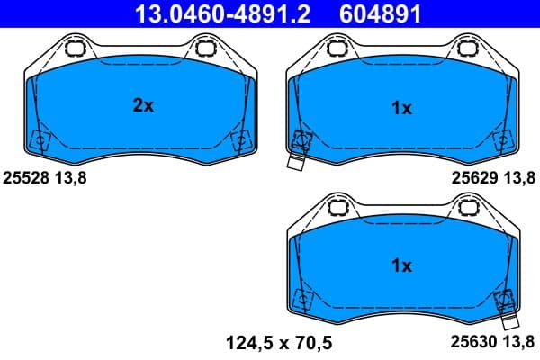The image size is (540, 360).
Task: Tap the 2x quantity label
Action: [143, 106]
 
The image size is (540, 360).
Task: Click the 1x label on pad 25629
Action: [401, 109]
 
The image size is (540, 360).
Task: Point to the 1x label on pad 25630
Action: [401, 265]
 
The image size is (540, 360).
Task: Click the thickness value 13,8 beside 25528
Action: [72, 178]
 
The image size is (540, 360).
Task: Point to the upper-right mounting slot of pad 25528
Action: [206, 48]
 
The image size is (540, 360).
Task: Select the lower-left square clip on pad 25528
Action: [40, 139]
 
